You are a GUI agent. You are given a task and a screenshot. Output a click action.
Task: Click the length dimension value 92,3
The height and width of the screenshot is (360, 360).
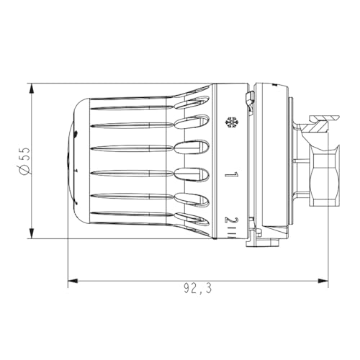point(197,289)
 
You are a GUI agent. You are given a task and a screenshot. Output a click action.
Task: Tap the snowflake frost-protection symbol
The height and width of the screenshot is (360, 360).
point(232,122)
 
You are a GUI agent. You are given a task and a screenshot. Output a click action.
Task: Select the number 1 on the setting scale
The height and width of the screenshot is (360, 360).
point(231,174)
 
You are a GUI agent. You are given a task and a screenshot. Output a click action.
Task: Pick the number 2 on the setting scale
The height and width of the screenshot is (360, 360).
point(231,220)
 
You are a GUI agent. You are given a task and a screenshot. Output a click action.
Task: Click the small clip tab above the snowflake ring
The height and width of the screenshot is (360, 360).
point(249,98)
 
